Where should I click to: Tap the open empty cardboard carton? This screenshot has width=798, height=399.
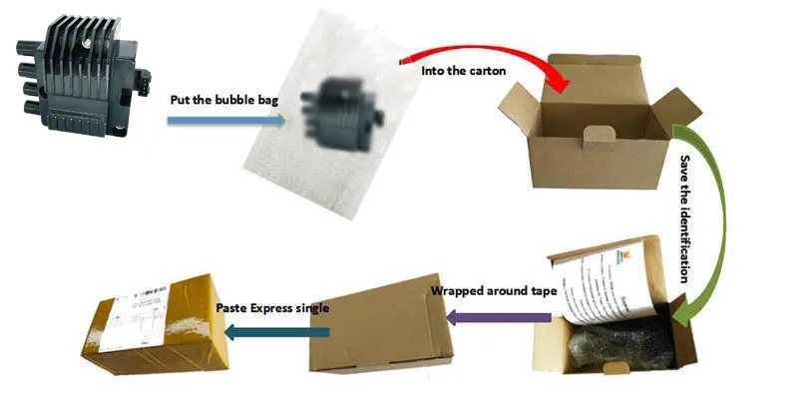click(598, 130)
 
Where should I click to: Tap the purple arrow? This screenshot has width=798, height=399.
click(499, 318)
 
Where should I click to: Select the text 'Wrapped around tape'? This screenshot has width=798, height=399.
click(483, 292)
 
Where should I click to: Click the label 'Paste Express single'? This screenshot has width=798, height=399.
click(272, 307)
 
